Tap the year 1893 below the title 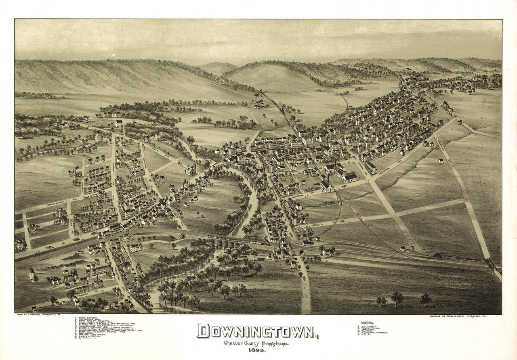257,350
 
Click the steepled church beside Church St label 97,281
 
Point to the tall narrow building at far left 32,274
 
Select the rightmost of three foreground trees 425,299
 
